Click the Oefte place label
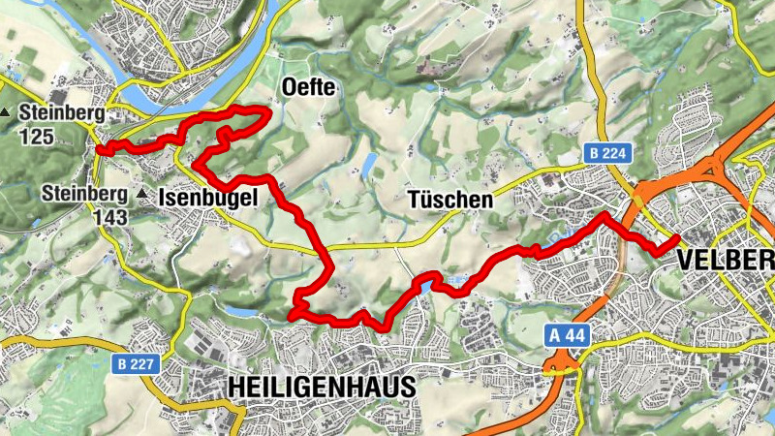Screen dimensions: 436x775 (308, 88)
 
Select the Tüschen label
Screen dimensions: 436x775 (449, 201)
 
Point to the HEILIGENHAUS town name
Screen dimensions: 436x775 (322, 387)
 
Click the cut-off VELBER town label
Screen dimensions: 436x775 (726, 260)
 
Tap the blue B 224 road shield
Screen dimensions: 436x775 (607, 153)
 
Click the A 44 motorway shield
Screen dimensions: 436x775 (563, 334)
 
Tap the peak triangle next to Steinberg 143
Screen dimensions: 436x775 (143, 195)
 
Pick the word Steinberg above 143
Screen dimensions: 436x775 (85, 194)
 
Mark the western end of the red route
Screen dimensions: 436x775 (99, 149)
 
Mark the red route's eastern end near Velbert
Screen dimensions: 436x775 (675, 238)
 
